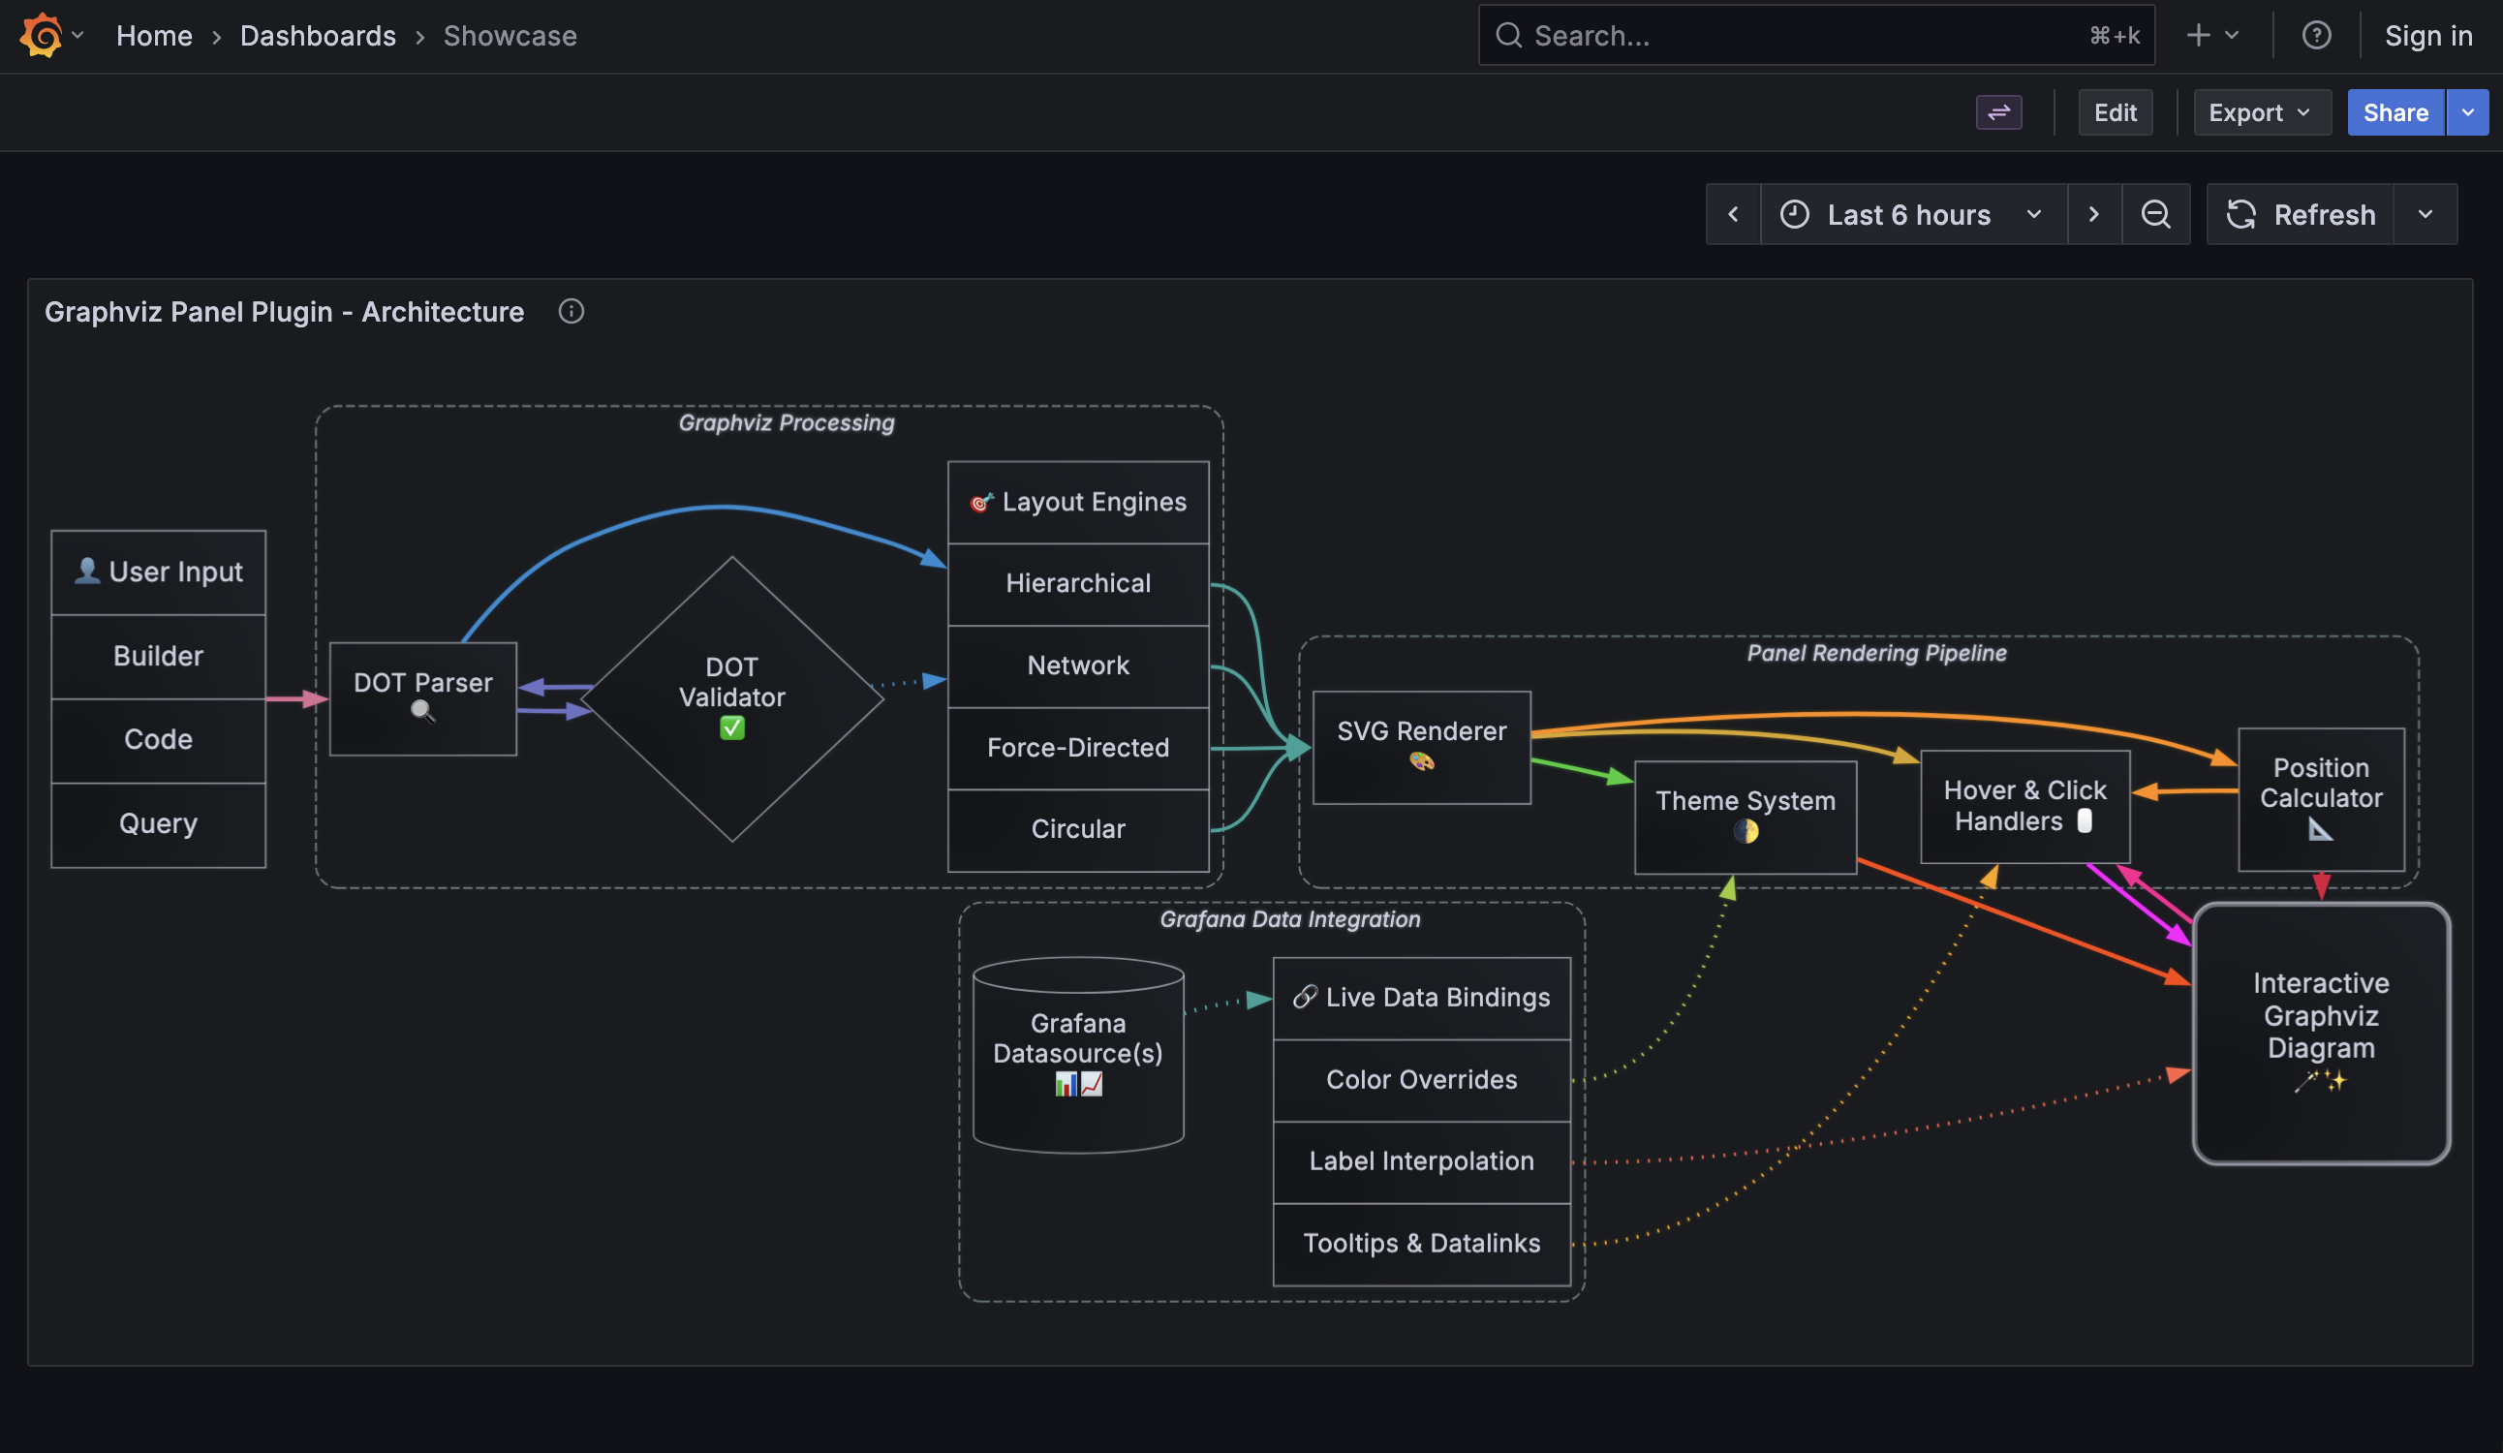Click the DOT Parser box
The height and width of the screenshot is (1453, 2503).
click(422, 697)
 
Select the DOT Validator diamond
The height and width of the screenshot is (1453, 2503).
click(732, 697)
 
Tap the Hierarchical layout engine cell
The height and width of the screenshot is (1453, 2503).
click(1078, 583)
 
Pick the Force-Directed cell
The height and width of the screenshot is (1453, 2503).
click(1078, 747)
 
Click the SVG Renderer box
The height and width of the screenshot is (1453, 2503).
click(1420, 746)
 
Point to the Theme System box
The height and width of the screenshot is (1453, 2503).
click(1745, 816)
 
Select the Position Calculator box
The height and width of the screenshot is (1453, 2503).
click(2320, 797)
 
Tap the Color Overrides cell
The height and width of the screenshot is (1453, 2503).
click(1420, 1078)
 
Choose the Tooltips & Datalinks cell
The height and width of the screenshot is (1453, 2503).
click(1420, 1243)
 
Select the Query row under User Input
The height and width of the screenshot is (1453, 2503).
click(158, 823)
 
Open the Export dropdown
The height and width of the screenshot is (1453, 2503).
click(2260, 112)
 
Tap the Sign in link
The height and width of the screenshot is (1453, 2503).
click(2427, 36)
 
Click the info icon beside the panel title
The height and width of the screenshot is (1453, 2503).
click(572, 312)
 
